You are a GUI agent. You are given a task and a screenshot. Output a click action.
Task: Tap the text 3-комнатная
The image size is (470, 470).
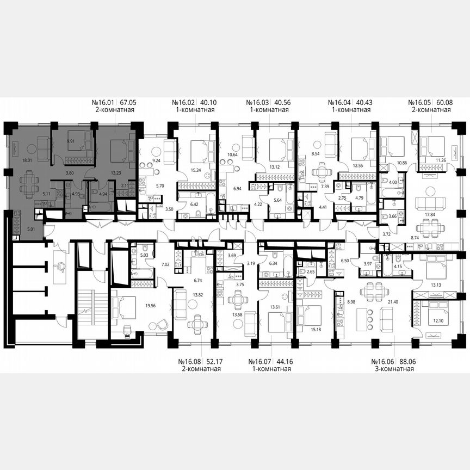(392, 369)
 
